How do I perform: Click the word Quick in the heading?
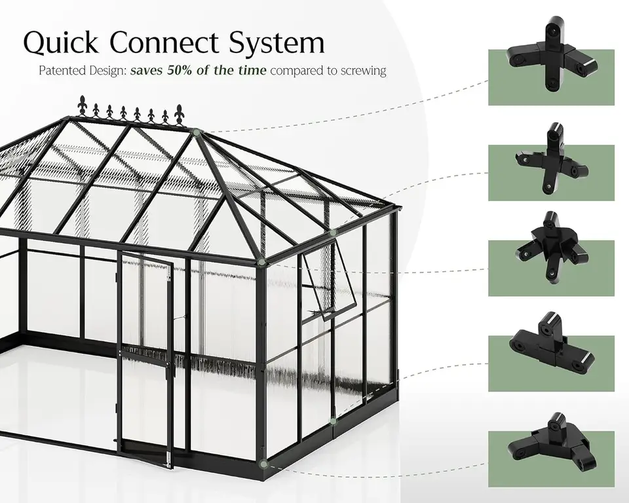click(x=60, y=43)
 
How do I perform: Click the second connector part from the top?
click(x=552, y=160)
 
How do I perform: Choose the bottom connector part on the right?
click(x=552, y=442)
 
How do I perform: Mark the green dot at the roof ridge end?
click(x=196, y=132)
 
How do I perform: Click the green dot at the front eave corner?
click(x=261, y=263)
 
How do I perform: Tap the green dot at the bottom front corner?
click(x=263, y=464)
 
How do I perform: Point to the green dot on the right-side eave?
click(x=334, y=233)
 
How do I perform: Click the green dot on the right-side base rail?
click(x=333, y=420)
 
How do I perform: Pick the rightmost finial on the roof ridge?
click(x=179, y=114)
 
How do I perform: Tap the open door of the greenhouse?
click(x=146, y=360)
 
